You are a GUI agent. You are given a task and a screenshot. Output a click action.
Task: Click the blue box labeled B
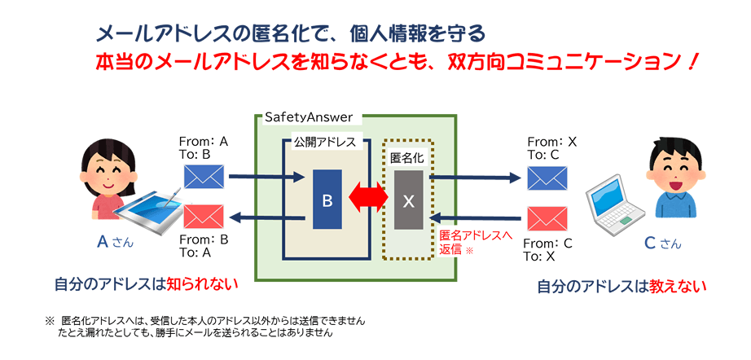(327, 200)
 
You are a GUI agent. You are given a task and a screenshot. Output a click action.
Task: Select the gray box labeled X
(409, 200)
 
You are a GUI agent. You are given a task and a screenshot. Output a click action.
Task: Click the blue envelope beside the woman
(204, 177)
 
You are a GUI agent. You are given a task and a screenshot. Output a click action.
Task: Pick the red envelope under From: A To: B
(204, 217)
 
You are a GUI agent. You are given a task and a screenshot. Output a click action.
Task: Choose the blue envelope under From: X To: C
(547, 178)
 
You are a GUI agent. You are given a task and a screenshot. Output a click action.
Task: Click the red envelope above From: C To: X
(547, 218)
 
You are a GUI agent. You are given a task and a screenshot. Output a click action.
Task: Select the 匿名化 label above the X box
(408, 158)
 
